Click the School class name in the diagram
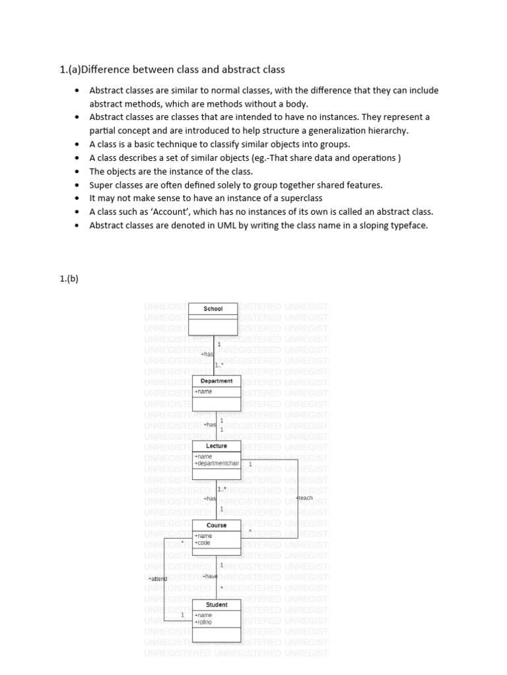pos(213,308)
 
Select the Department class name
pos(217,381)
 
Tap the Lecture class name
pos(217,446)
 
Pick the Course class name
pos(217,525)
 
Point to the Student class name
pos(217,604)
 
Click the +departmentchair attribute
pos(217,463)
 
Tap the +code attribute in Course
pos(203,543)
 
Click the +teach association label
pos(304,498)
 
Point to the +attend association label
pos(158,579)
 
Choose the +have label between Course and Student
pos(210,576)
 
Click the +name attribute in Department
pos(203,392)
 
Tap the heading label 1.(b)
pos(69,278)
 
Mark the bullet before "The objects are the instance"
pos(77,171)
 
